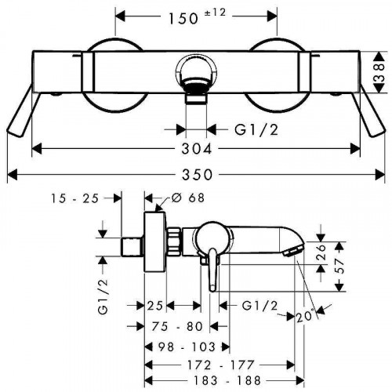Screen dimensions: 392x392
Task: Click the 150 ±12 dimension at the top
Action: tap(198, 16)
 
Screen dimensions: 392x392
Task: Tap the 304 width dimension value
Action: tap(197, 149)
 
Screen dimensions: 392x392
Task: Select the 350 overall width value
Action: tap(198, 175)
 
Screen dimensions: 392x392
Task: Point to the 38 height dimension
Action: tap(379, 72)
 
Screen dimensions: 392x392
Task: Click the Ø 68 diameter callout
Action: tap(188, 198)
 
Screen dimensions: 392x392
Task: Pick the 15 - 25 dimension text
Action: tap(74, 198)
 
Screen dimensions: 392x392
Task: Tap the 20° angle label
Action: tap(305, 316)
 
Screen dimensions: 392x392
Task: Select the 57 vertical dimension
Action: tap(339, 266)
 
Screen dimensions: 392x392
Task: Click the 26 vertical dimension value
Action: tap(321, 252)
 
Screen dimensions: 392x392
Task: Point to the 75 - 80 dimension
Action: tap(177, 326)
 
